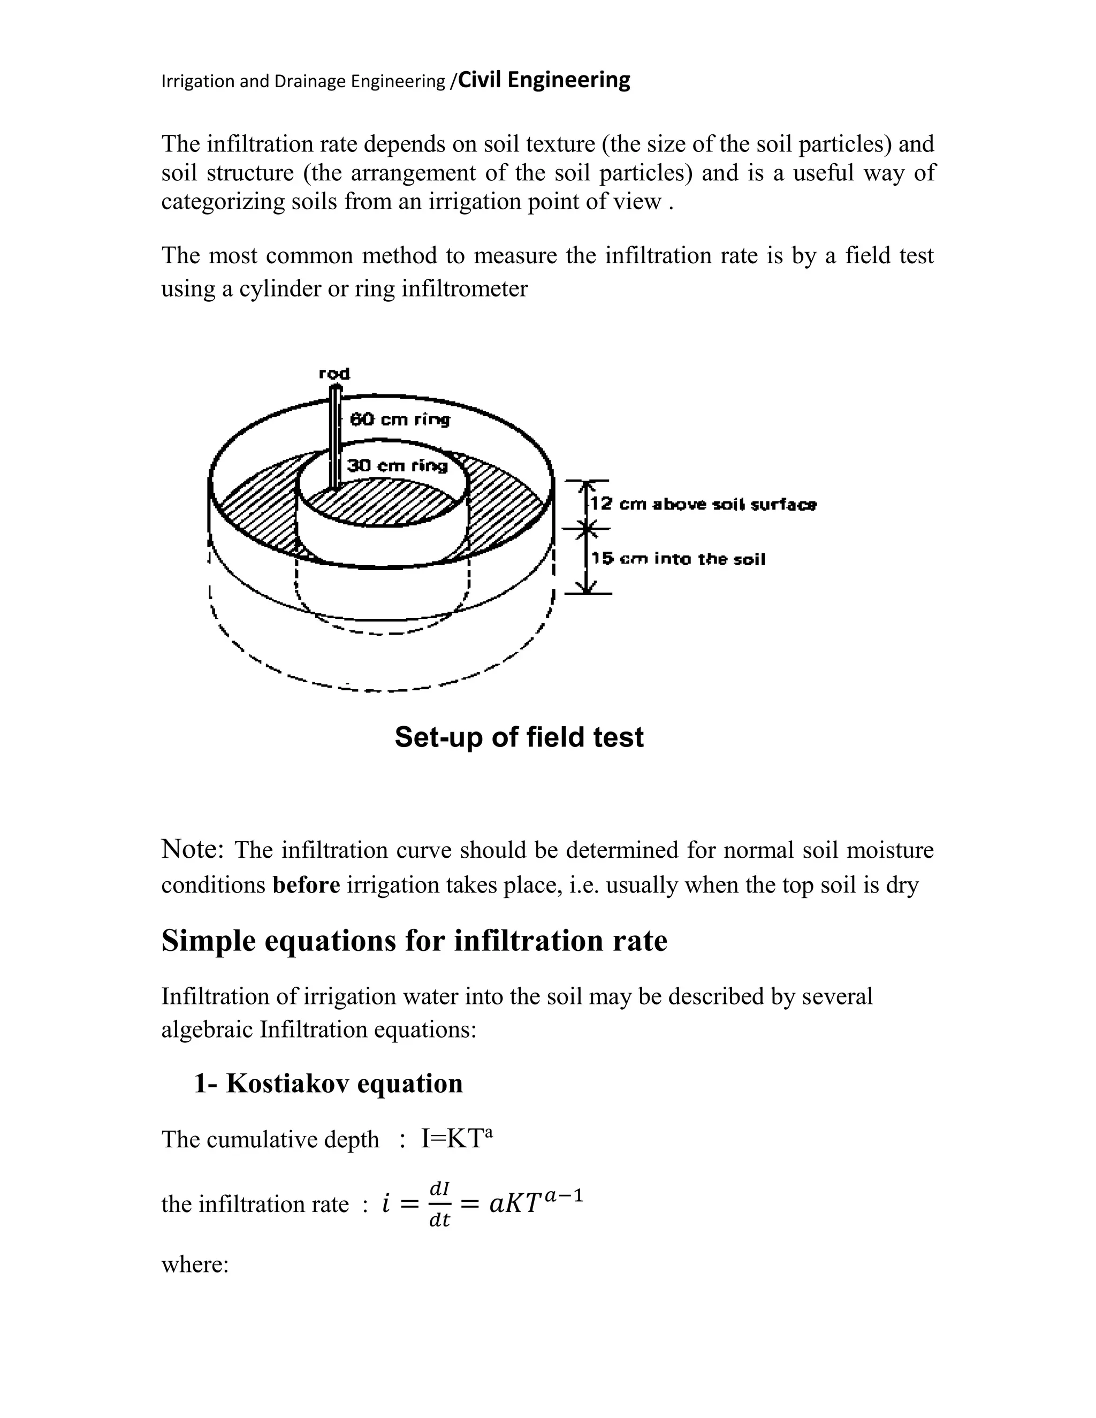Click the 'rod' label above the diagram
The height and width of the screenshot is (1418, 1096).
pyautogui.click(x=334, y=373)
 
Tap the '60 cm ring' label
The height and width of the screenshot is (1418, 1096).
pyautogui.click(x=399, y=420)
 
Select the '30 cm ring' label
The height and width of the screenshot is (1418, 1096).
pyautogui.click(x=397, y=466)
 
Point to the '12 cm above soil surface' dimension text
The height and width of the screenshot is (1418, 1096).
pyautogui.click(x=703, y=505)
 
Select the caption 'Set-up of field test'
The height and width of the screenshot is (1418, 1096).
pyautogui.click(x=519, y=737)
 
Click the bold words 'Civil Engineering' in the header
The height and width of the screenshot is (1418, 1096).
pyautogui.click(x=544, y=80)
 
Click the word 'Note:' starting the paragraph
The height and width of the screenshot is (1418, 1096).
pyautogui.click(x=193, y=849)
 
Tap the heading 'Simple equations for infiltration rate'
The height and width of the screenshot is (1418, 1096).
pyautogui.click(x=414, y=941)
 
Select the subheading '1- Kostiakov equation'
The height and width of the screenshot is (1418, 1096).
pyautogui.click(x=329, y=1084)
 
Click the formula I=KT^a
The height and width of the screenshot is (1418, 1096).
pyautogui.click(x=457, y=1139)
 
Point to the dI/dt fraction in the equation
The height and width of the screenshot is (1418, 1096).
pyautogui.click(x=439, y=1204)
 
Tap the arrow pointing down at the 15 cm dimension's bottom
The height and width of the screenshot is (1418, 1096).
pyautogui.click(x=588, y=588)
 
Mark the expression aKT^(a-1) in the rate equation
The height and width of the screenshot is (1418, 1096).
pyautogui.click(x=536, y=1202)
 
